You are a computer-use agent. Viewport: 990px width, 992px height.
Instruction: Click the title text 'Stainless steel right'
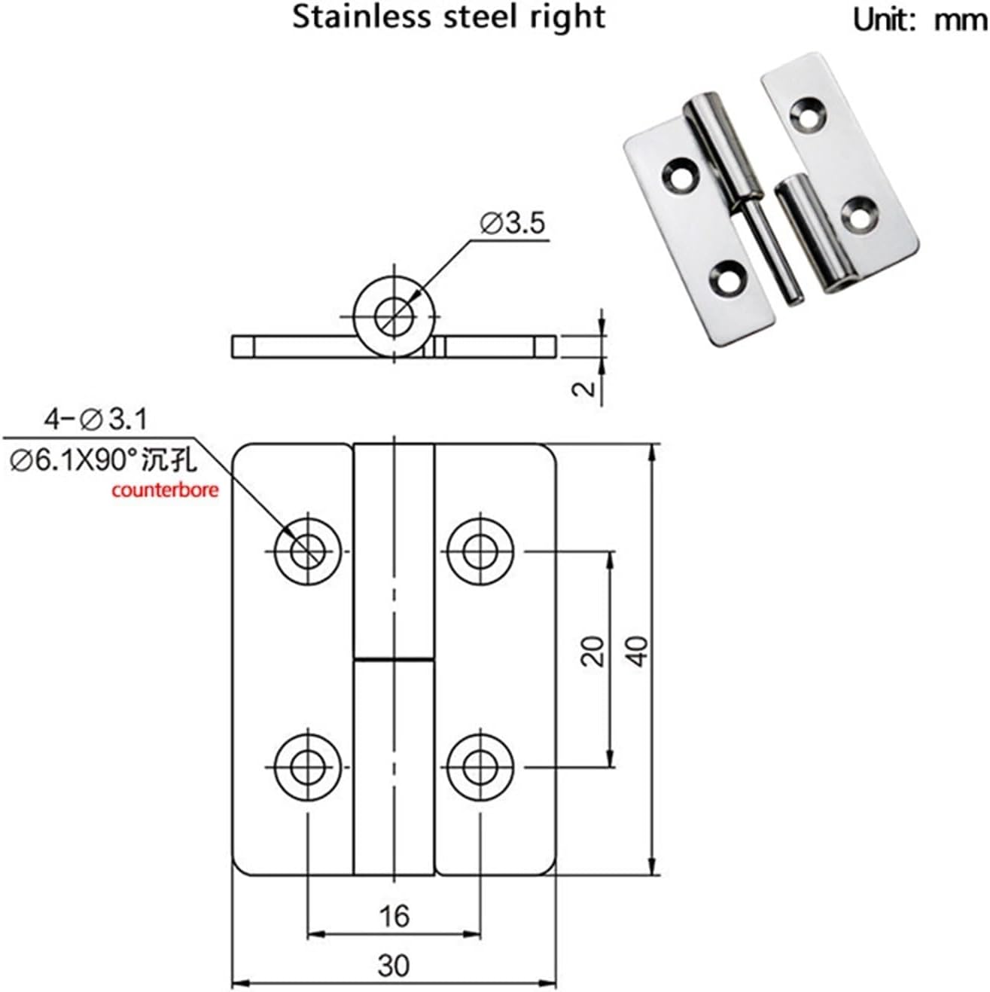click(449, 17)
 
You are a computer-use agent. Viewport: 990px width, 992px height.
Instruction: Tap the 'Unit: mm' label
click(919, 20)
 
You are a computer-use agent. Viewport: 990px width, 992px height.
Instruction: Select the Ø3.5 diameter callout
click(511, 224)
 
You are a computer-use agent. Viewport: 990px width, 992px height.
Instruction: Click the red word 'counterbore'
click(165, 490)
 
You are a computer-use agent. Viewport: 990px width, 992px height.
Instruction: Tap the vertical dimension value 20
click(594, 651)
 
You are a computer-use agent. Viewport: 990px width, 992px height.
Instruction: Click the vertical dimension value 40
click(638, 651)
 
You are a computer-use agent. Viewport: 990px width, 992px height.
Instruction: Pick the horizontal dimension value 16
click(394, 916)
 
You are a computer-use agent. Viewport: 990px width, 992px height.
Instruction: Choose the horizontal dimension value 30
click(394, 965)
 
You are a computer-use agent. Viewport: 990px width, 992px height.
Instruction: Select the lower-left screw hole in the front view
click(306, 767)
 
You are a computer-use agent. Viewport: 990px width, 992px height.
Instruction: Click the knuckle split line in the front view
click(394, 660)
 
